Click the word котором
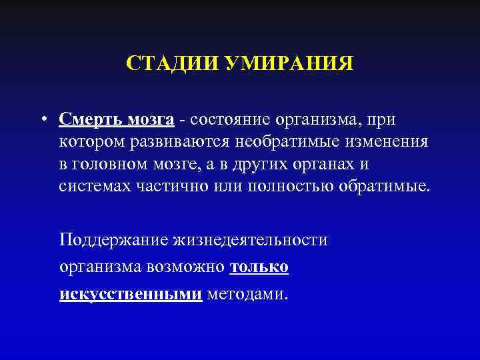pos(87,141)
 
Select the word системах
pos(91,185)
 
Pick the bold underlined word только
pos(259,267)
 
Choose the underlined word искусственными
pos(131,294)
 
